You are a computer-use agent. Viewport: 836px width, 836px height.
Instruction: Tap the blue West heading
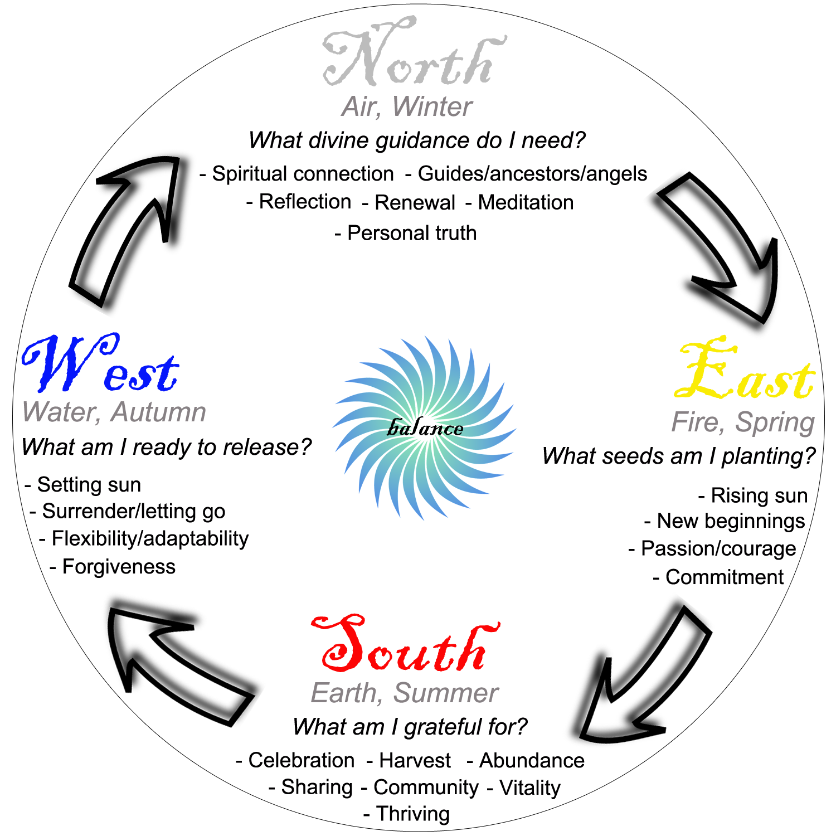tap(100, 365)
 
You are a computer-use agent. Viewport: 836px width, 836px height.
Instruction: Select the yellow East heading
tap(744, 371)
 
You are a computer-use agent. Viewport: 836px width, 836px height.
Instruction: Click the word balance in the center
tap(425, 428)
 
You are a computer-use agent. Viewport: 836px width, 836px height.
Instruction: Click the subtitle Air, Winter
tap(407, 106)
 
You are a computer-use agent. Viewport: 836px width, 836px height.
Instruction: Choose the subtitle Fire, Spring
tap(743, 422)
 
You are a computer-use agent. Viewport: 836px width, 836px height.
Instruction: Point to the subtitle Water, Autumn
tap(114, 412)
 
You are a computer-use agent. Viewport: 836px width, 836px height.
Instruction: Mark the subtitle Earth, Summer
tap(404, 693)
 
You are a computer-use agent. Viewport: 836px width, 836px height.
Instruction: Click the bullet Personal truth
tap(411, 233)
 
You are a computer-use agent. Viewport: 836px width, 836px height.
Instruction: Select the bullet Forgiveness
tap(118, 567)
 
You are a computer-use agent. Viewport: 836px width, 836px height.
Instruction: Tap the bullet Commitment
tap(724, 577)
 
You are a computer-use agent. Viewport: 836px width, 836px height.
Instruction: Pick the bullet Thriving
tap(412, 814)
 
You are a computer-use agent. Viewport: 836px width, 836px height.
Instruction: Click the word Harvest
tap(415, 760)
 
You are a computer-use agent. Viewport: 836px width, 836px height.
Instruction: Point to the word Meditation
tap(526, 202)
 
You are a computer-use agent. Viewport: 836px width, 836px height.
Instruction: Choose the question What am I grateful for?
tap(410, 727)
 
